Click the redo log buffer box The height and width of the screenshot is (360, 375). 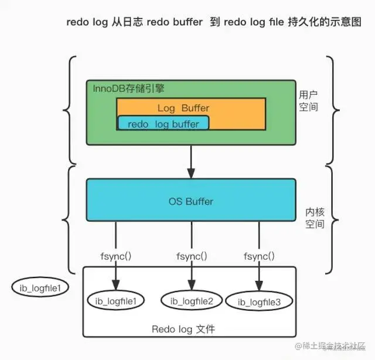click(x=163, y=124)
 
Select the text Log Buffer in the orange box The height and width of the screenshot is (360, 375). click(x=183, y=108)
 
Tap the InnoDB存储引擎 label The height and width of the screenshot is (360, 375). click(x=129, y=88)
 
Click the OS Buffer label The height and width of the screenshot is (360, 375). click(x=191, y=201)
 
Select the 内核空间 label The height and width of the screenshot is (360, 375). click(x=315, y=217)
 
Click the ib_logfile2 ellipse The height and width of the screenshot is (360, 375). click(x=192, y=301)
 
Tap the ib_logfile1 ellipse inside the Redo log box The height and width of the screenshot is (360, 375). click(x=115, y=301)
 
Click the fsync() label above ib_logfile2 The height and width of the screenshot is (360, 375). click(x=191, y=256)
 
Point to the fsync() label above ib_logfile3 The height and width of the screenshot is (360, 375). click(x=258, y=256)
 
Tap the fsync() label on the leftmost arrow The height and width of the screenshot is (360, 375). click(x=116, y=256)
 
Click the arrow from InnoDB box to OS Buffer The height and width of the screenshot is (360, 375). click(x=191, y=161)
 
